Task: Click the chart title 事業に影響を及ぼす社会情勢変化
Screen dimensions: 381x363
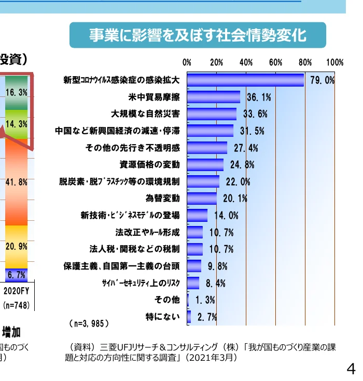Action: (x=198, y=35)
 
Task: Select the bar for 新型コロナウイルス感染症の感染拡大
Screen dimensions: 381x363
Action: (x=245, y=80)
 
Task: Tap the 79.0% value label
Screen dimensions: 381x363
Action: (x=322, y=80)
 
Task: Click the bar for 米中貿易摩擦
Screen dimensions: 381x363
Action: (x=213, y=97)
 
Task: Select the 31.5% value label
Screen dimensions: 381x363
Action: (x=252, y=131)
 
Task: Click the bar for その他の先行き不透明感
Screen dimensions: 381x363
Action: (x=207, y=148)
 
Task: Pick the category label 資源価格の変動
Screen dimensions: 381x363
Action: (x=150, y=165)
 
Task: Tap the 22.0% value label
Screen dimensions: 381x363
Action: (x=238, y=182)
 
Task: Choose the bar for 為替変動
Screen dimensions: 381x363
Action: (x=202, y=199)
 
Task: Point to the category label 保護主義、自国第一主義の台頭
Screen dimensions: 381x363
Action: (x=122, y=266)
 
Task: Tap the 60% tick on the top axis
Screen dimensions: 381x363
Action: (x=276, y=63)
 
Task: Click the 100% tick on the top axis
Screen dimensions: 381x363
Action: (x=334, y=63)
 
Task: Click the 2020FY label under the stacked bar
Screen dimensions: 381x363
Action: (x=16, y=290)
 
